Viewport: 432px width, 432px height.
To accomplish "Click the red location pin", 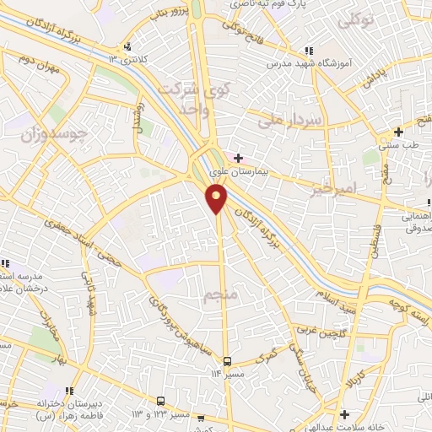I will (217, 197).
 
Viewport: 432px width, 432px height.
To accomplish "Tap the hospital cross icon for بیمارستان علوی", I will (238, 157).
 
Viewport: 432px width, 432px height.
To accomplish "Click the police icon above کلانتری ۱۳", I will (127, 46).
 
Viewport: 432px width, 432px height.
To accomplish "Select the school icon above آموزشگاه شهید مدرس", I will (310, 51).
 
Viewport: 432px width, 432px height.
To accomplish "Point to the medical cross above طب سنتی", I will (399, 132).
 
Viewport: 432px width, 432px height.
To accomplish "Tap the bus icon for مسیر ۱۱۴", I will (226, 361).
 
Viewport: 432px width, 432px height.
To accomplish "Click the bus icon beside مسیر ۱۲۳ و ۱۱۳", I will (161, 401).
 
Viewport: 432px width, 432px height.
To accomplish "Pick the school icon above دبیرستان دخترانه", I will (68, 391).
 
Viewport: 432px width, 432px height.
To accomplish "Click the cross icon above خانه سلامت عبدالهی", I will (344, 413).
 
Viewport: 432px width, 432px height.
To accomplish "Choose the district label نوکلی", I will (355, 20).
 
